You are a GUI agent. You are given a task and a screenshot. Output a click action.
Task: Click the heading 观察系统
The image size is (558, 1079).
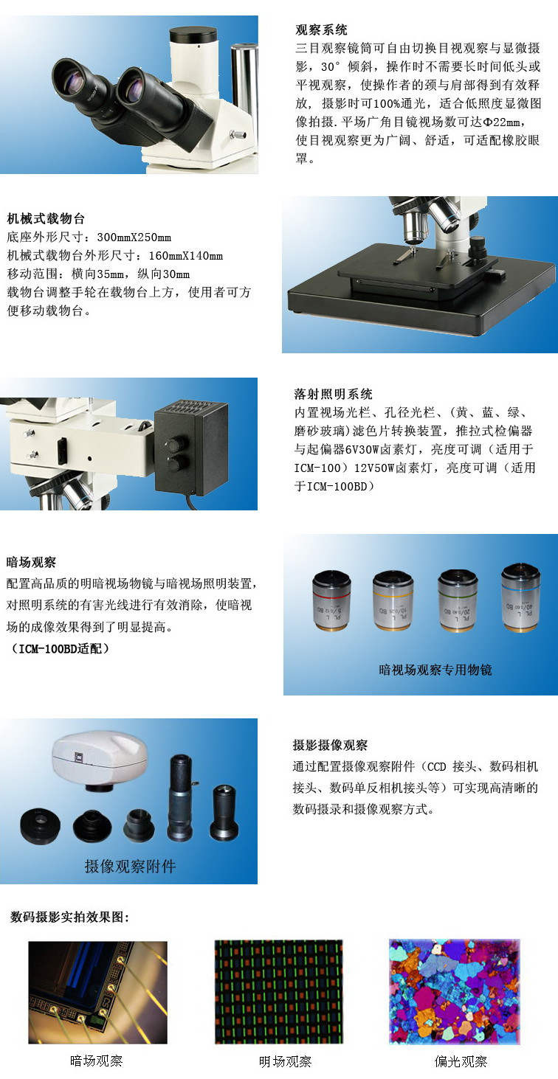pos(321,30)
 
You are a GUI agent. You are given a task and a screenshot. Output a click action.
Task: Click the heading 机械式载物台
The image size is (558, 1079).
pos(46,218)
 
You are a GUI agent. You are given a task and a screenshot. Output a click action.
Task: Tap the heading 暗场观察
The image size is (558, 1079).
pos(31,562)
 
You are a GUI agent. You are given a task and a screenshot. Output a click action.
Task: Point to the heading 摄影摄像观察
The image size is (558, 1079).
pos(330,745)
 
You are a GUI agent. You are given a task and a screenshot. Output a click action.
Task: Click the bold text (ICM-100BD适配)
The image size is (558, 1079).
pos(61,649)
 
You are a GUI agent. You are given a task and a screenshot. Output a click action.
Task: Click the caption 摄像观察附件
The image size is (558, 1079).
pos(130,866)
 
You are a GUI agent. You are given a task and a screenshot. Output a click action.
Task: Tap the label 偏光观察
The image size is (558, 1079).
pos(461,1062)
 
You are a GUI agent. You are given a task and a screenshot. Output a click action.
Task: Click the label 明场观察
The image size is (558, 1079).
pos(285,1062)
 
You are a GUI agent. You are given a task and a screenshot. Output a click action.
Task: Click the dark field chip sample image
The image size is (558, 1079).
pos(97,991)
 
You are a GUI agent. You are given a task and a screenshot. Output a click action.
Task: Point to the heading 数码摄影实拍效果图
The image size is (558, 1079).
pos(70,917)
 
